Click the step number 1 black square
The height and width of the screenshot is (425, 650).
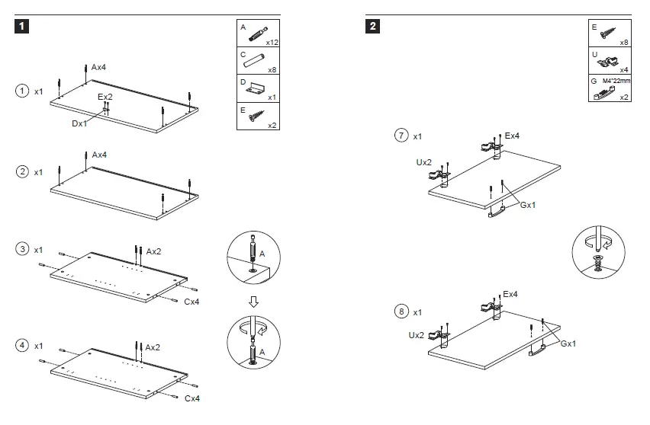[x=23, y=27]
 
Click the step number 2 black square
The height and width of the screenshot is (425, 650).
[x=373, y=27]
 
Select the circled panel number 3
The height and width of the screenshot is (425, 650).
[x=23, y=250]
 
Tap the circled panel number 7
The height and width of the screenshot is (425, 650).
[x=401, y=136]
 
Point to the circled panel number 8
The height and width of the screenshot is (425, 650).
[x=401, y=312]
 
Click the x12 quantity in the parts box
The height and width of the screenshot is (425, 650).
[x=272, y=43]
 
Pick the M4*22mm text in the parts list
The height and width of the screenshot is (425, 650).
[x=616, y=80]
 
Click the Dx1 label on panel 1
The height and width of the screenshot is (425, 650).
[x=79, y=123]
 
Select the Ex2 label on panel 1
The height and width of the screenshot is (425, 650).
[x=105, y=97]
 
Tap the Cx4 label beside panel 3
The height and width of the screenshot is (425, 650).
[x=192, y=302]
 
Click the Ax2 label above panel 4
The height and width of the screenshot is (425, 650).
[x=153, y=347]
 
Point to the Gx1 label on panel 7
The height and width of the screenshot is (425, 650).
[x=527, y=205]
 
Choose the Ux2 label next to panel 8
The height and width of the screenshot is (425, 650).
[x=417, y=335]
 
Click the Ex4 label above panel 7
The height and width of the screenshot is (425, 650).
[x=513, y=136]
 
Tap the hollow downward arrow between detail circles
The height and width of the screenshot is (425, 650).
[x=254, y=302]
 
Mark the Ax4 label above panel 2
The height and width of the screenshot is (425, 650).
[x=99, y=155]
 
